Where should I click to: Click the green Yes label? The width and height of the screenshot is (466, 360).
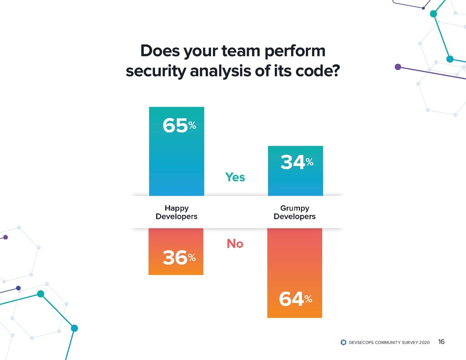tap(235, 177)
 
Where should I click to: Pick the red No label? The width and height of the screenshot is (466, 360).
tap(235, 244)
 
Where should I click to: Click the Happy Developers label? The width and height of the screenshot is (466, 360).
tap(177, 213)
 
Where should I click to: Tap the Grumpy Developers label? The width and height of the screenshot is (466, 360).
tap(294, 213)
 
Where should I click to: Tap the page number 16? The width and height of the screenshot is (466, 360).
tap(441, 342)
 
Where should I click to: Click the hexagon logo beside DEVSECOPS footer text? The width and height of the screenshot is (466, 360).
tap(344, 342)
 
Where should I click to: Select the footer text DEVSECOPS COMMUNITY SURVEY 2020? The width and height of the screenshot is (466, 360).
tap(388, 342)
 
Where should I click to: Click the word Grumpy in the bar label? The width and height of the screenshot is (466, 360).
tap(294, 208)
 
